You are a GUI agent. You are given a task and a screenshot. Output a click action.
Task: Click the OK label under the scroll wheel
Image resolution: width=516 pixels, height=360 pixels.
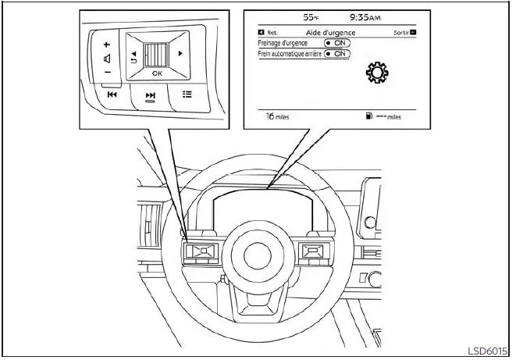point(157,73)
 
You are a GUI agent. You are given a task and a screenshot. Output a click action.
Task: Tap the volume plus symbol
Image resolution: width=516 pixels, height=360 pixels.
point(107,45)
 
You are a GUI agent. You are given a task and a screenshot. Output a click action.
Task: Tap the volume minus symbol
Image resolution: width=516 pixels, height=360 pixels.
point(107,73)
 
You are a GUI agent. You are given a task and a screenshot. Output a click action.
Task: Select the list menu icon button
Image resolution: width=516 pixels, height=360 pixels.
point(187,94)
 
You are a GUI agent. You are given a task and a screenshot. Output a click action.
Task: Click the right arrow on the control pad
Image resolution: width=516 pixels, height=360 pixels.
point(180,54)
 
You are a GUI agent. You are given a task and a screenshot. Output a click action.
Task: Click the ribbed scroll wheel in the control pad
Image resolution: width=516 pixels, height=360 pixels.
point(157,54)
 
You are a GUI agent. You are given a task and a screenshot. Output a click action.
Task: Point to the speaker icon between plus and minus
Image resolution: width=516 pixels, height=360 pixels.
point(106,59)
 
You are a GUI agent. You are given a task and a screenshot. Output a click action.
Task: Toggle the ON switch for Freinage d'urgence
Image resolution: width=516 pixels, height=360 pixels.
point(337,43)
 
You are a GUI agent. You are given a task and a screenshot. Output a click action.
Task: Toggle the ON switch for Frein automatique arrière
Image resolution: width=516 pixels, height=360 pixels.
point(337,54)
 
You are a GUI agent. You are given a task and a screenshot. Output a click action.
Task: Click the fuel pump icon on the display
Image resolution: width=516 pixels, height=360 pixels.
point(368,116)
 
